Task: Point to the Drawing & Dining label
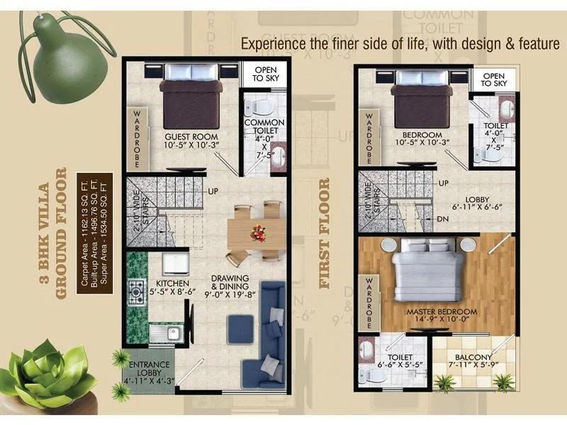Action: (229, 283)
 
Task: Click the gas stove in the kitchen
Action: (135, 289)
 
